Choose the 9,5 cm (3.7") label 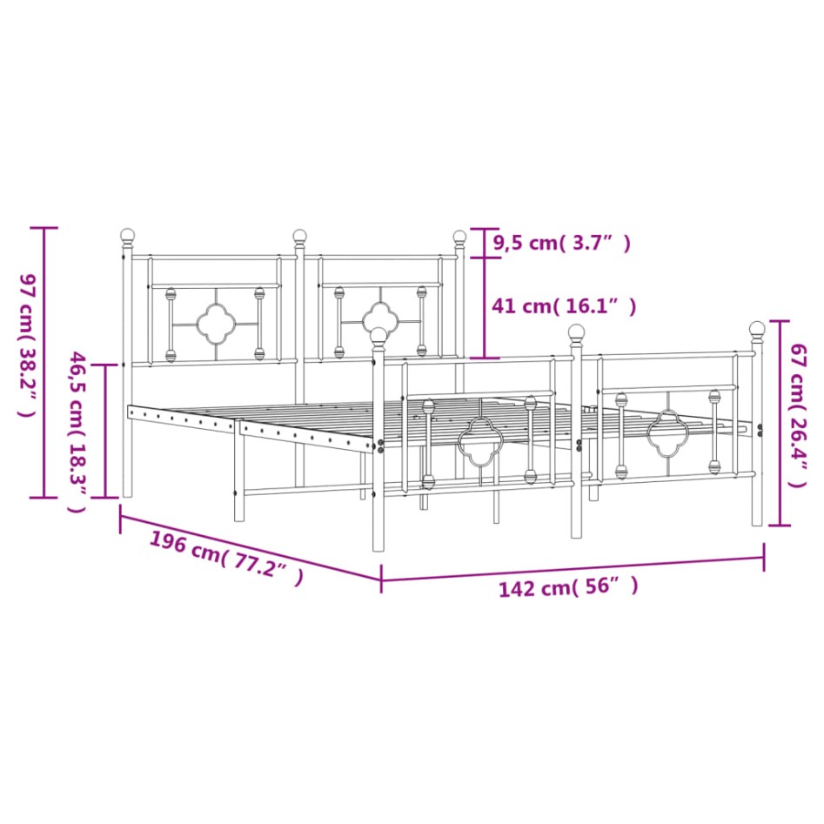[x=560, y=244]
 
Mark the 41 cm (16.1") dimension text [x=563, y=306]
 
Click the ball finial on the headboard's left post [x=128, y=235]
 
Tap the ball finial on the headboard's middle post [x=300, y=235]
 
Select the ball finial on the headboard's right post [x=459, y=236]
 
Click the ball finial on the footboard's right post [x=757, y=328]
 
